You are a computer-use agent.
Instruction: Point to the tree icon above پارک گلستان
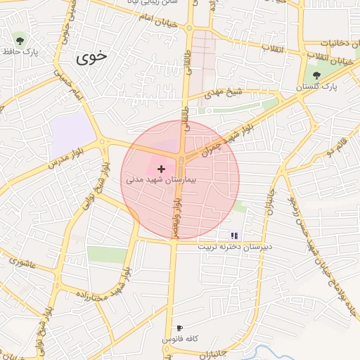tap(316, 75)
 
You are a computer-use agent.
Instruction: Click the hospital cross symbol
tap(162, 169)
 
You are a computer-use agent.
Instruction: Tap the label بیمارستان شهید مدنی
tap(162, 180)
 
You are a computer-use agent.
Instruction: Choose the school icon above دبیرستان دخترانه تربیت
tap(235, 236)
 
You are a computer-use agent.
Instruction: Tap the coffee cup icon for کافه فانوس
tap(180, 328)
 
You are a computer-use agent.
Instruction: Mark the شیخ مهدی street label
tap(224, 93)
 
